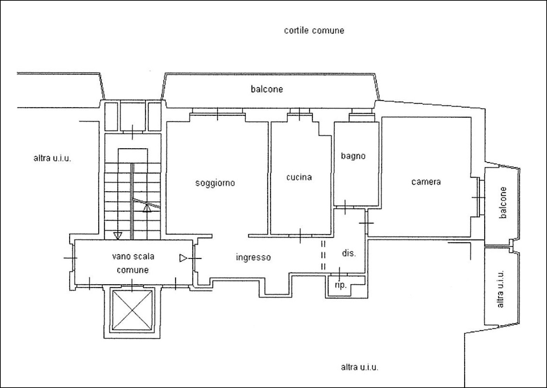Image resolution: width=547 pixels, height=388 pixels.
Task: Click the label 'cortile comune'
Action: (x=314, y=31)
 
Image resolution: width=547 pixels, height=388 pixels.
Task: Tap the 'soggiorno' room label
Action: (x=215, y=183)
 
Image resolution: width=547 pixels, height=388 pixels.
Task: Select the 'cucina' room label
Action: (x=299, y=177)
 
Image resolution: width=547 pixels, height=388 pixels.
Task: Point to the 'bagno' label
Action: (x=353, y=156)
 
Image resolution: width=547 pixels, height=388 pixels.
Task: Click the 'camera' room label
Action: (x=426, y=182)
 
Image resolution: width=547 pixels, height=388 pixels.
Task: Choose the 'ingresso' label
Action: (x=253, y=258)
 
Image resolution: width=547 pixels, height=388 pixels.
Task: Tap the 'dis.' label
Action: (x=349, y=253)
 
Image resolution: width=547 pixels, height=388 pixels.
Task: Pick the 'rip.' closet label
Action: (x=340, y=285)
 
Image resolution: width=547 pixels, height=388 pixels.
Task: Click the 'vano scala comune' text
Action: (x=133, y=263)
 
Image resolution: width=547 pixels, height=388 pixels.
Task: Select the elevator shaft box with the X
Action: (x=132, y=310)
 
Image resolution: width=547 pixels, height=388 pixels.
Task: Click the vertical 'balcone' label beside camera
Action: (x=503, y=202)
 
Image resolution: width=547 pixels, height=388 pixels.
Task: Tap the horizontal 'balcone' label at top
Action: (x=267, y=89)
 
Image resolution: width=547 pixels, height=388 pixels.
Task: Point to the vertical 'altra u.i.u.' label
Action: (x=500, y=289)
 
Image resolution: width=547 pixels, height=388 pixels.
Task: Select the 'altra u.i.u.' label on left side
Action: (x=52, y=159)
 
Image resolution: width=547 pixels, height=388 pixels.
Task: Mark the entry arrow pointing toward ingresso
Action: (x=183, y=258)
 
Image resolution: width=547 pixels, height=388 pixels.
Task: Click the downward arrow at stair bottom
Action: (x=118, y=236)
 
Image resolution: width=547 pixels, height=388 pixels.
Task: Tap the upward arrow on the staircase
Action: (x=147, y=208)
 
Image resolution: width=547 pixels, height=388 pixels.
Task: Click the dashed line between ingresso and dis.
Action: (x=323, y=255)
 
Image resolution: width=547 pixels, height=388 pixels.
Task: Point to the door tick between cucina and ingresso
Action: (x=300, y=236)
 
